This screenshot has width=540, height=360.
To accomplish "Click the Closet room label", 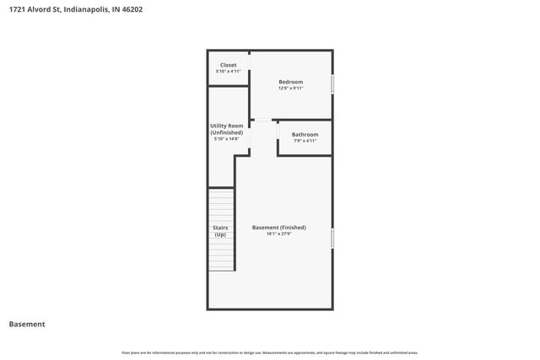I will coord(229,65).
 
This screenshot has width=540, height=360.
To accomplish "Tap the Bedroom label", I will coord(291,82).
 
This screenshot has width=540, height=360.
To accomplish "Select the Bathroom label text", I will coord(305,135).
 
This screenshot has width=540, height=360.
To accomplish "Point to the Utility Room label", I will coord(227,126).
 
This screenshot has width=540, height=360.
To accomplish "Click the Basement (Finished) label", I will coord(279,227).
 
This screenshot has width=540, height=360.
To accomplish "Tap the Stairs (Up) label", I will coord(220,230).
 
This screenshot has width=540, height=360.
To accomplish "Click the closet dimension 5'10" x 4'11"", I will coord(229,72).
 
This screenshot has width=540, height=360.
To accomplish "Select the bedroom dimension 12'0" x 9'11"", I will coord(291,88).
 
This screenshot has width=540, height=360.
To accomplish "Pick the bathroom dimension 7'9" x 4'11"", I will coord(305,141).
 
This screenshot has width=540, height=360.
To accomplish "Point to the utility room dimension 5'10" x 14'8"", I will coord(227,138).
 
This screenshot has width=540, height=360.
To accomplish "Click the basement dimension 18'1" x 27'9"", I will coord(279,234).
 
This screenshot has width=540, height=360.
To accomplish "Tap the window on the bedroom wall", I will coord(332,84).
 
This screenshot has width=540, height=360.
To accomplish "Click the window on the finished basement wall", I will coord(332,239).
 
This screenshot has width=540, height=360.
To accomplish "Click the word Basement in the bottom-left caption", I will coord(27,324).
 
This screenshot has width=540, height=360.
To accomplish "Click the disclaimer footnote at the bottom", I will coord(270,352).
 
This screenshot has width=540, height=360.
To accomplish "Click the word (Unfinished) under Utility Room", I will coord(227,132).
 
